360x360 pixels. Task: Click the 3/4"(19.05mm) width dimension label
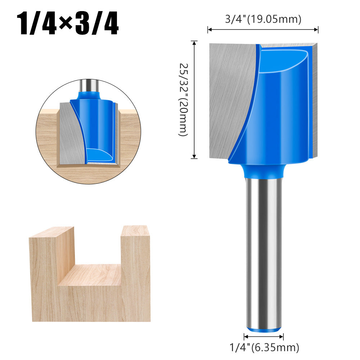263,19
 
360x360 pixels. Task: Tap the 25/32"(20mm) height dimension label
183,100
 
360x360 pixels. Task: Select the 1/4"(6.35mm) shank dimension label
264,347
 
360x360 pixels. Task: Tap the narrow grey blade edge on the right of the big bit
315,101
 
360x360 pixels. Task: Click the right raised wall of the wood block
136,273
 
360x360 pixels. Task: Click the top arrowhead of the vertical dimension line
195,43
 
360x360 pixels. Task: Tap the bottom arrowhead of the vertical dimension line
195,156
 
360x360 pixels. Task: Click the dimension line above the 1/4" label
264,337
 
